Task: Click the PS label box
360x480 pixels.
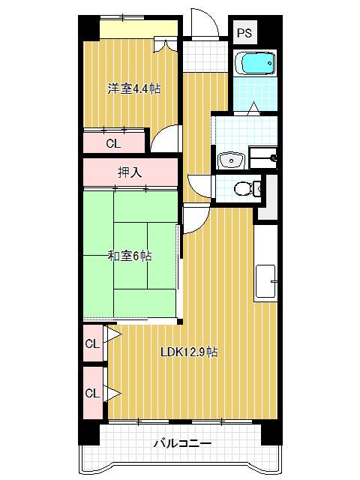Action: pyautogui.click(x=244, y=32)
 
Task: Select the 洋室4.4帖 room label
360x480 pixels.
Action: pyautogui.click(x=133, y=88)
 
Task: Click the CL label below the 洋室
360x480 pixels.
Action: pyautogui.click(x=112, y=142)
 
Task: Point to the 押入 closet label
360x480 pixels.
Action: pyautogui.click(x=130, y=172)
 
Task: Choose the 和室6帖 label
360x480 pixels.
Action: pyautogui.click(x=129, y=256)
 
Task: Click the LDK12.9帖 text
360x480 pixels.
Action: pyautogui.click(x=188, y=351)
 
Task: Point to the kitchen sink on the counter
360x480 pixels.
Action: pyautogui.click(x=267, y=280)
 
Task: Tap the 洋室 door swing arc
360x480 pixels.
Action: pyautogui.click(x=168, y=139)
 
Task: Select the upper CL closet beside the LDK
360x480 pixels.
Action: pyautogui.click(x=92, y=343)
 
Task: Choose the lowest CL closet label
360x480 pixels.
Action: pyautogui.click(x=92, y=393)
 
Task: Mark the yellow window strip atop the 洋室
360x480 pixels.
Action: pyautogui.click(x=139, y=28)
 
